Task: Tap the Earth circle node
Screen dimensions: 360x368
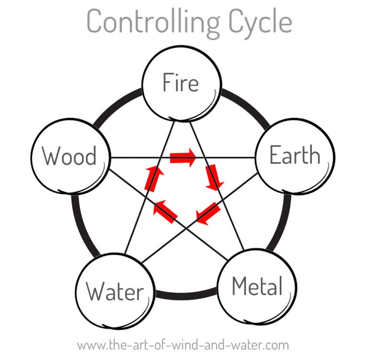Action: click(x=294, y=155)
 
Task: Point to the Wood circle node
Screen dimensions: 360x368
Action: click(x=69, y=156)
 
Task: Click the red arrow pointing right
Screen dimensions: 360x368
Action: click(x=183, y=157)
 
